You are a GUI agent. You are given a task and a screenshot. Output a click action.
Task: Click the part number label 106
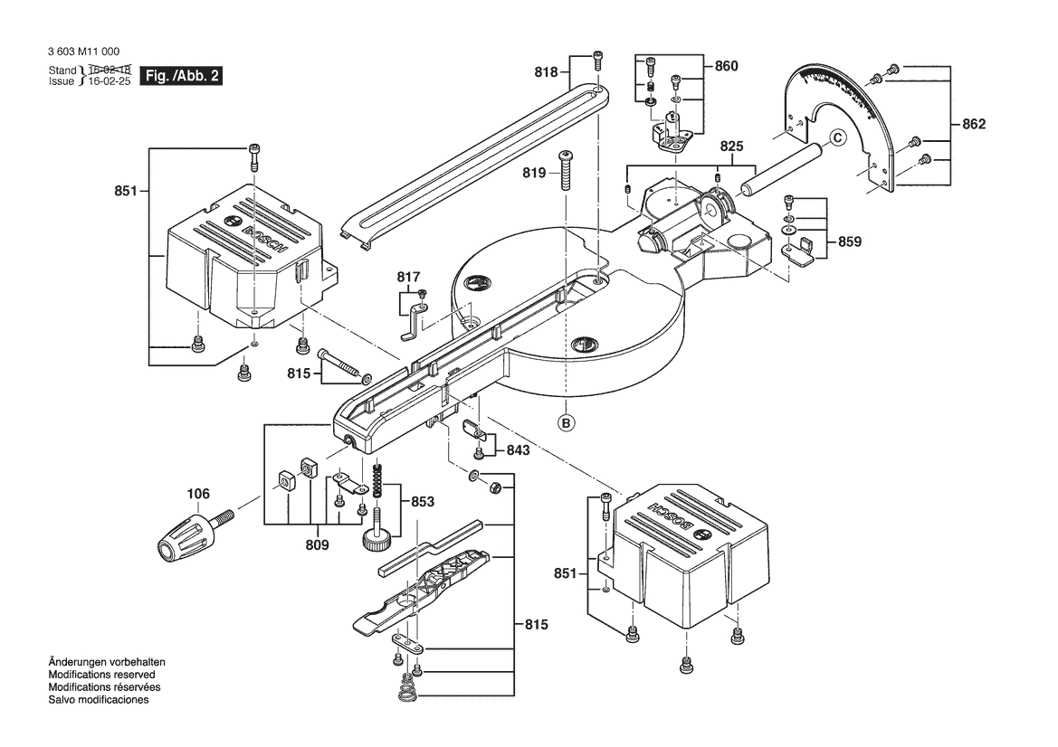tap(198, 493)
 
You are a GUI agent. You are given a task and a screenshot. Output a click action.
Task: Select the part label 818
tap(547, 71)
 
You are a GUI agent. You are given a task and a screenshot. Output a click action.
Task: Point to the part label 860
tap(726, 66)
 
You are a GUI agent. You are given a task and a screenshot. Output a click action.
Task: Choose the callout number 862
tap(973, 124)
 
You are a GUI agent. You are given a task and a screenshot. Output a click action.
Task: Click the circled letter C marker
tap(836, 137)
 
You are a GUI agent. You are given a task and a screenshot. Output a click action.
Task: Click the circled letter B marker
tap(566, 421)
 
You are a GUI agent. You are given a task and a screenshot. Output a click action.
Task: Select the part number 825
tap(731, 146)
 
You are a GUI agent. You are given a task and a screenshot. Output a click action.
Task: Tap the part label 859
tap(849, 241)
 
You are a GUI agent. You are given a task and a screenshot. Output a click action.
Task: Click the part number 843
tap(519, 449)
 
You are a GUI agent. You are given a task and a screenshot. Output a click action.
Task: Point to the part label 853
tap(422, 501)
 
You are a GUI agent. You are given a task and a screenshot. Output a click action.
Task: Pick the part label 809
tap(317, 545)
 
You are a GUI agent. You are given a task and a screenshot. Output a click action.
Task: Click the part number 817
tap(408, 277)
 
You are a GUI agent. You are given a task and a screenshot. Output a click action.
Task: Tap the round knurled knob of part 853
tap(376, 542)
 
